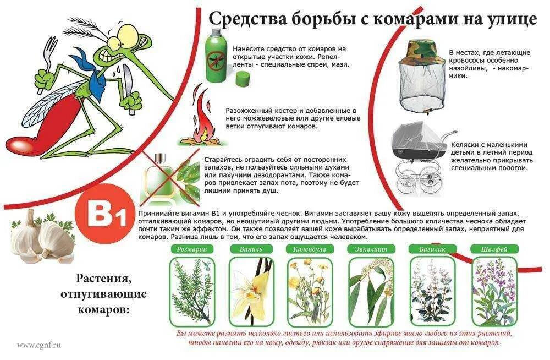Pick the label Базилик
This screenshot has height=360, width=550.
(431, 249)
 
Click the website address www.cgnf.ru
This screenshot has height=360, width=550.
(38, 345)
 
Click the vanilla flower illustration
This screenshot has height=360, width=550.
(249, 292)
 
